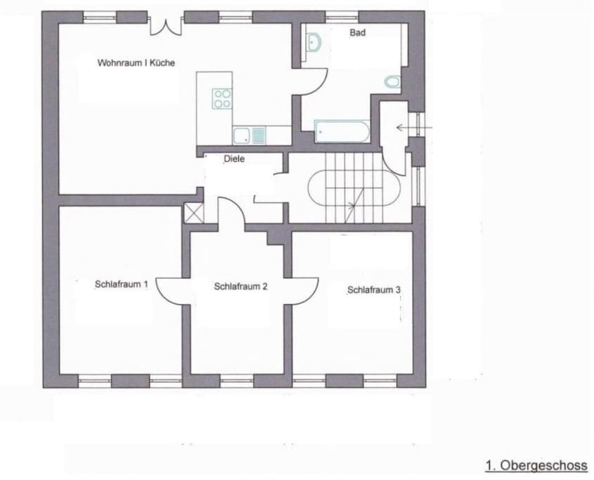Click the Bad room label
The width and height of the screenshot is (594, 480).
point(357,32)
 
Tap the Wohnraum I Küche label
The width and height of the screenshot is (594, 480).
point(136,63)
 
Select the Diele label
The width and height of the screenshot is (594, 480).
point(234,159)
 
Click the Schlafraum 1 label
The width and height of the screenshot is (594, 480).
point(121,284)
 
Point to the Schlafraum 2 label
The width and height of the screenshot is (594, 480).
point(240,287)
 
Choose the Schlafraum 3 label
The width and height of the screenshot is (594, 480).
point(374,290)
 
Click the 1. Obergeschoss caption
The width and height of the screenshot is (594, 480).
point(536,465)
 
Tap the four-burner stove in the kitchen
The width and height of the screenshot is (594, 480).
point(222,98)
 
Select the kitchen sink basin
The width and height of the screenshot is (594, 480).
point(241,136)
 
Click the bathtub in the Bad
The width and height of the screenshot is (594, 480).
point(342,131)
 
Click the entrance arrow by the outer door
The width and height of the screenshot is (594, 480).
point(414,128)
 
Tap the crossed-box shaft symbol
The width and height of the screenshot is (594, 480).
point(193,213)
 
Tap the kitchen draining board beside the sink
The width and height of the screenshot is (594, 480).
point(259,136)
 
